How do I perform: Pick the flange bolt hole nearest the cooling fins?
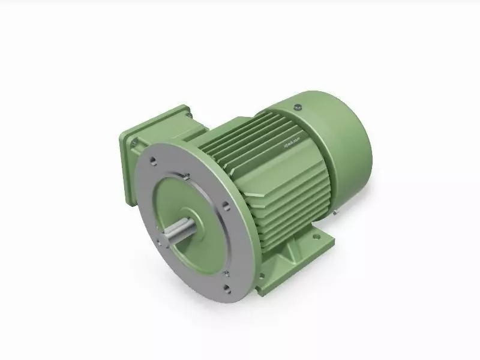coord(224,206)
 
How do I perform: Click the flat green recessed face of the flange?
coord(180,198)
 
